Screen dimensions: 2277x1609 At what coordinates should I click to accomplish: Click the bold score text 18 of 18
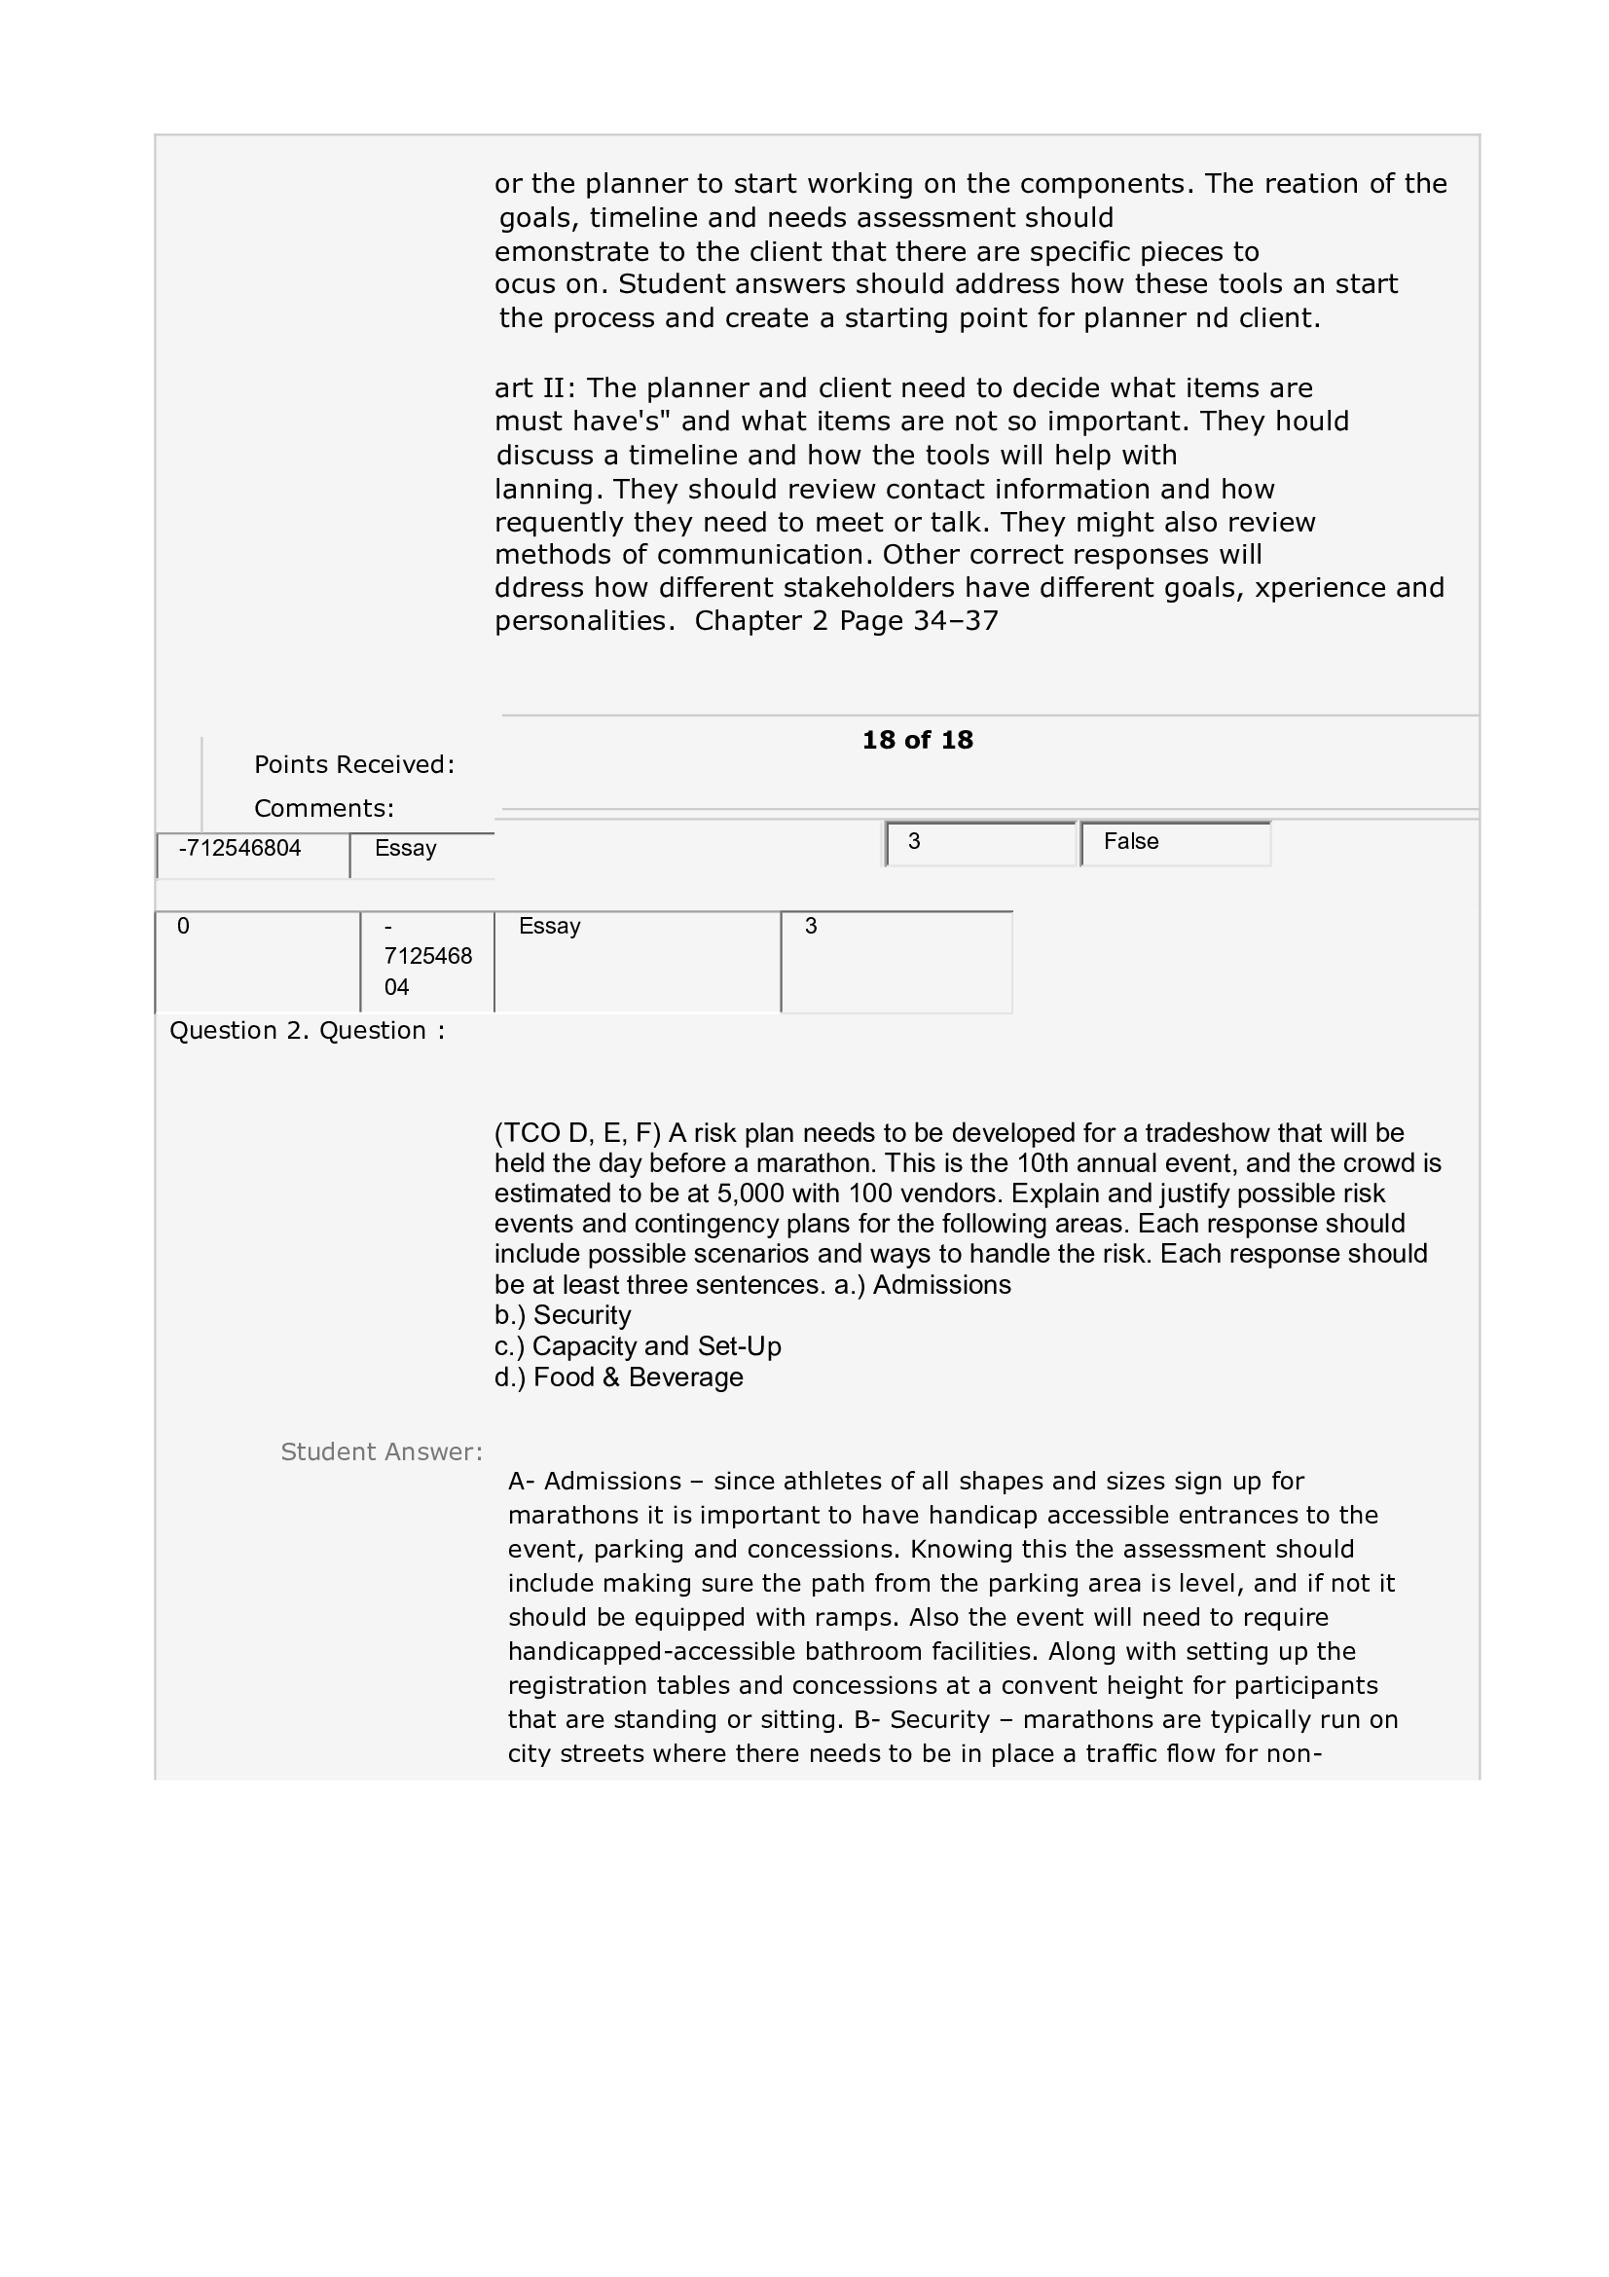coord(917,740)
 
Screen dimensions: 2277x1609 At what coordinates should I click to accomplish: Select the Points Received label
coord(354,764)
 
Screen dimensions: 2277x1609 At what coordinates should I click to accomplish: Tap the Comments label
coord(324,808)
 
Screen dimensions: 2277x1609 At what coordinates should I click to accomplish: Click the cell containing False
coord(1175,843)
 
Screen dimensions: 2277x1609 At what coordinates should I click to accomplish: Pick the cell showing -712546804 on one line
coord(252,854)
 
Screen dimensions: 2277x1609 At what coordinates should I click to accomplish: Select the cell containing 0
coord(257,960)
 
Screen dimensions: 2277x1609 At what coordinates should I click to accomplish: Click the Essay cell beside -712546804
coord(421,854)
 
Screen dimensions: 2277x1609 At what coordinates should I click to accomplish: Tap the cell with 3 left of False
coord(979,843)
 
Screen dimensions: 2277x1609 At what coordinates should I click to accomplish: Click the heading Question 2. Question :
coord(308,1030)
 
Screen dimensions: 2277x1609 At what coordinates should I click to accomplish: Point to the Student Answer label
coord(382,1451)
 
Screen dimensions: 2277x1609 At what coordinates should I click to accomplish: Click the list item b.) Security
coord(562,1315)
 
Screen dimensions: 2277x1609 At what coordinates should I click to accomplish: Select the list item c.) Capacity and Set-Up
coord(638,1345)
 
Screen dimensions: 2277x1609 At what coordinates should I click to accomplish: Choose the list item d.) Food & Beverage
coord(619,1377)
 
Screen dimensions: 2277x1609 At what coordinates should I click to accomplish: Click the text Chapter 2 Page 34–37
coord(846,621)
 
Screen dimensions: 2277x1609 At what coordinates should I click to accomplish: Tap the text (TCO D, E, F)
coord(577,1132)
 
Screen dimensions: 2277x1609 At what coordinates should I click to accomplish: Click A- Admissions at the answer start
coord(595,1481)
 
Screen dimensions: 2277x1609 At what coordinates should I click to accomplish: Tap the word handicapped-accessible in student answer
coord(651,1651)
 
